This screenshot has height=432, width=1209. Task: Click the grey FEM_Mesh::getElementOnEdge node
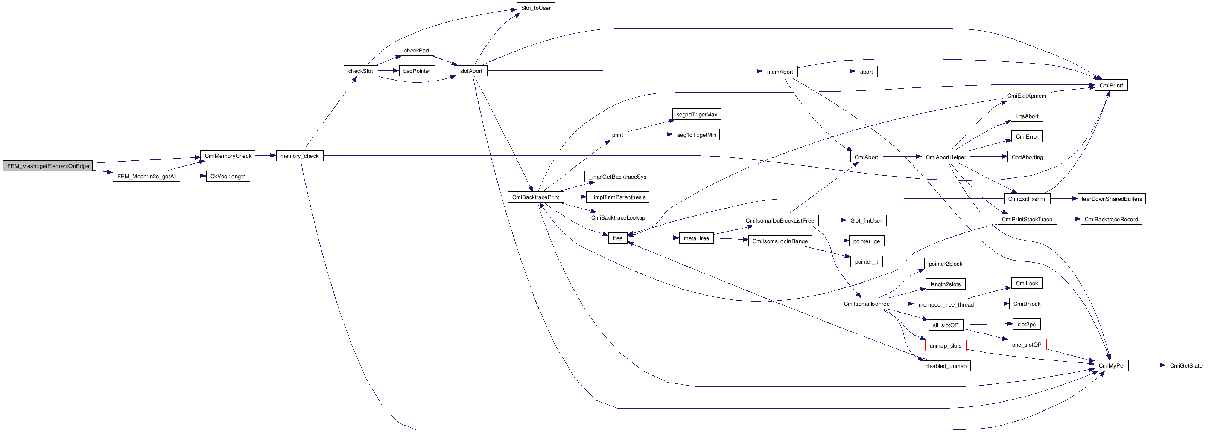pos(47,166)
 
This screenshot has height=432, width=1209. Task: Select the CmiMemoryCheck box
pos(228,156)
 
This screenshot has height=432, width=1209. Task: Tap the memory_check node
pos(299,156)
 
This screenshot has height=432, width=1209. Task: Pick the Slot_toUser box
pos(535,8)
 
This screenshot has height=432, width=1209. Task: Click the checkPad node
pos(416,51)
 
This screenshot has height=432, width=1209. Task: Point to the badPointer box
pos(416,71)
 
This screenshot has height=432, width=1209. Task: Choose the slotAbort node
pos(471,71)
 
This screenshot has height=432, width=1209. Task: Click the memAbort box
pos(780,72)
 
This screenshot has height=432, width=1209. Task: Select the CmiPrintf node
pos(1111,85)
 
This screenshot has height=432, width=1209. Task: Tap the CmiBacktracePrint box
pos(535,197)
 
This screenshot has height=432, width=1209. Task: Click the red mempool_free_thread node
pos(945,304)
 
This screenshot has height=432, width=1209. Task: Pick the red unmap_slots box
pos(945,346)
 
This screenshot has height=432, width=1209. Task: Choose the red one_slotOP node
pos(1026,345)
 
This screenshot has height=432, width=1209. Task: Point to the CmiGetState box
pos(1186,365)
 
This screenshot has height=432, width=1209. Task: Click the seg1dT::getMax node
pos(696,114)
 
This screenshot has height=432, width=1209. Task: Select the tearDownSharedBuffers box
pos(1111,199)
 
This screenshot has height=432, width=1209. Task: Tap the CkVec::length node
pos(228,177)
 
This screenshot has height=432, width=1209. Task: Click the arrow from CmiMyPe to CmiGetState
pos(1147,365)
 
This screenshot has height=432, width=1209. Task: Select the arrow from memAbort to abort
pos(826,72)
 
